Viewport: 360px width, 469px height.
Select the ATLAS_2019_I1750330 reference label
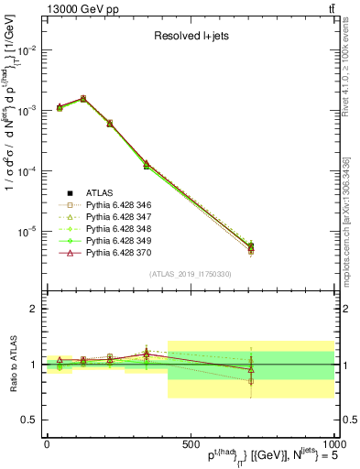click(190, 274)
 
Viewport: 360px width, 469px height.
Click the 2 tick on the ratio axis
click(35, 309)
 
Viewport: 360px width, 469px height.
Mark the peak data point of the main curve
click(83, 98)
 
